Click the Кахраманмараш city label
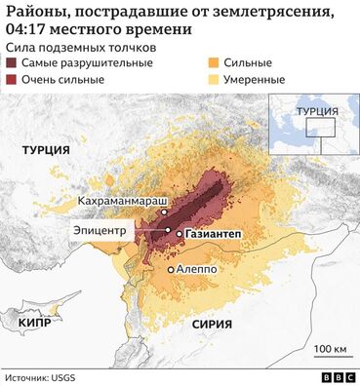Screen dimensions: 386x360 point(115,201)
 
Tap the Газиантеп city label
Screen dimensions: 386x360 point(217,235)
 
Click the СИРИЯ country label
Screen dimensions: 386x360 point(212,322)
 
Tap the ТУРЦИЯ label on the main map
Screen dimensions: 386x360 point(46,150)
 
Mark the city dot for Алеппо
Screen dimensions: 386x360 point(171,269)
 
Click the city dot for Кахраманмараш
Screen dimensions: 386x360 point(165,212)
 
